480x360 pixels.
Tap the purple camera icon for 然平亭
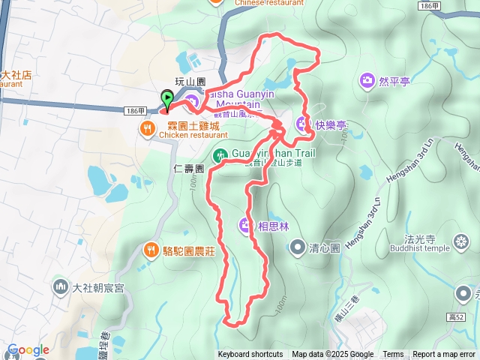click(367, 79)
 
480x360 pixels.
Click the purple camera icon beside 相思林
click(246, 224)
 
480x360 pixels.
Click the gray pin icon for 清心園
click(298, 246)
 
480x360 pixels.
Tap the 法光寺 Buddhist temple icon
click(461, 241)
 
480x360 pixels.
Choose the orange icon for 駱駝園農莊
click(151, 250)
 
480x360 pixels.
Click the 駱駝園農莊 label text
click(189, 251)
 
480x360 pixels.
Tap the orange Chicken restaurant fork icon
click(147, 129)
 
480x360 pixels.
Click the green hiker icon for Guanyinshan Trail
click(220, 156)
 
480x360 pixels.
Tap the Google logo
click(28, 349)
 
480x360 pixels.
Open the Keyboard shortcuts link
click(250, 355)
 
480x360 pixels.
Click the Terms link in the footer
click(393, 355)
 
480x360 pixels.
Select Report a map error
click(444, 355)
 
